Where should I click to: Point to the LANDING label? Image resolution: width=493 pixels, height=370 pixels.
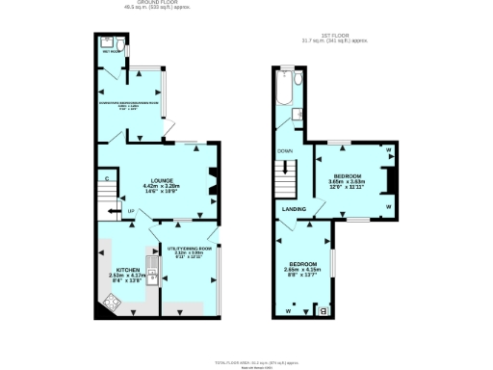tap(294, 208)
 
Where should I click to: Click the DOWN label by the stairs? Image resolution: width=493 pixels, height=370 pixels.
tap(285, 151)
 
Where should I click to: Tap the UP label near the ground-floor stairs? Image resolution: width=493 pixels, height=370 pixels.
tap(130, 211)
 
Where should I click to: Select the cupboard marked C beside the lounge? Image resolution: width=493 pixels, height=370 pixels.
tap(106, 178)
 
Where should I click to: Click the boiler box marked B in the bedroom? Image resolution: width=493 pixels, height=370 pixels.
tap(323, 310)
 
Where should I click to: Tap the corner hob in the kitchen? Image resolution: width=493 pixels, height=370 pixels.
tap(109, 304)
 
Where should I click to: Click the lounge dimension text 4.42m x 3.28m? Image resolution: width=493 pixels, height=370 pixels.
tap(162, 185)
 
